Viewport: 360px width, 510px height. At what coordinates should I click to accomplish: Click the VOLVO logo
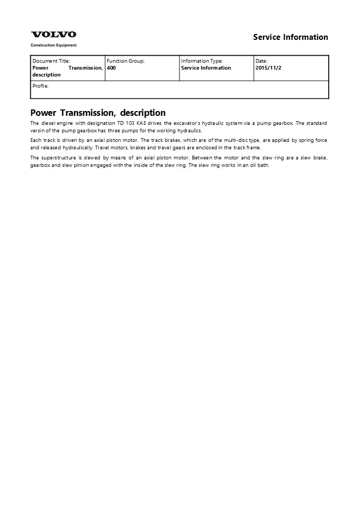(53, 35)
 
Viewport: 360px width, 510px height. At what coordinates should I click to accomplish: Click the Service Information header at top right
(290, 37)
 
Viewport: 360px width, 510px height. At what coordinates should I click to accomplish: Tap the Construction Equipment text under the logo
(53, 46)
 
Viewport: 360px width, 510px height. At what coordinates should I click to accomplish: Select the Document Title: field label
(51, 61)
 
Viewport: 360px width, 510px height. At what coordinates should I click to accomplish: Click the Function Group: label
(125, 61)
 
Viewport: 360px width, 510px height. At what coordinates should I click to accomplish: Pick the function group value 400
(111, 68)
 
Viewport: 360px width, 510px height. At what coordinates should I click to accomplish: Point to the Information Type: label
(202, 61)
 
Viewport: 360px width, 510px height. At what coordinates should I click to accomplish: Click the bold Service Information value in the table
(206, 68)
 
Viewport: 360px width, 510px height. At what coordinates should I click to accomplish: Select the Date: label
(261, 61)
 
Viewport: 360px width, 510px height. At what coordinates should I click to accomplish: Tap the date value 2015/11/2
(268, 68)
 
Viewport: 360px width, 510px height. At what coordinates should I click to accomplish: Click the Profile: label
(40, 86)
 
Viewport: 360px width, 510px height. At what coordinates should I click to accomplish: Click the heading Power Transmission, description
(98, 113)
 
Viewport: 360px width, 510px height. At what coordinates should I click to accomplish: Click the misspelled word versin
(38, 131)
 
